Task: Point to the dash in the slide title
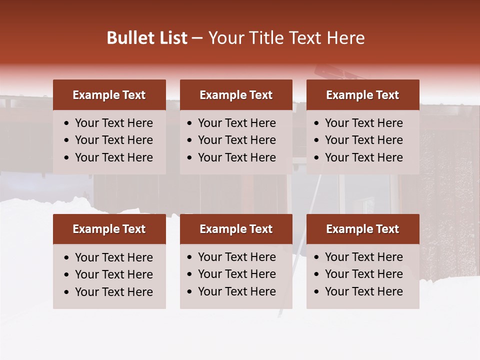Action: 197,38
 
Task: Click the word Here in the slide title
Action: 345,38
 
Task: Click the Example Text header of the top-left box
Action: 109,95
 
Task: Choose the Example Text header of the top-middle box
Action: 236,95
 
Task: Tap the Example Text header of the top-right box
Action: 362,95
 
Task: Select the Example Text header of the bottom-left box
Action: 109,229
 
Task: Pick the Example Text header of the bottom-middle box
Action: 236,229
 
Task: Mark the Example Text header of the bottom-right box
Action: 362,229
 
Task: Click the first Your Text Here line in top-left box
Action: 114,123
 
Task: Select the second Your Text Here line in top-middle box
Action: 237,140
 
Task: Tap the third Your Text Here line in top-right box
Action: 364,157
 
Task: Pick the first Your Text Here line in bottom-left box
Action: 114,257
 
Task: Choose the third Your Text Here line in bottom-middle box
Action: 237,291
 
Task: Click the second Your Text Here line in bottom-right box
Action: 364,274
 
